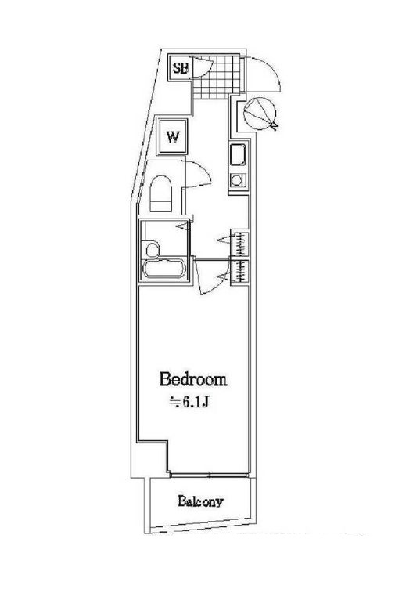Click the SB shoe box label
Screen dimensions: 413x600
(x=181, y=68)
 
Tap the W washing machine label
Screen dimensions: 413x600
(x=173, y=136)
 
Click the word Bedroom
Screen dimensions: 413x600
(x=193, y=379)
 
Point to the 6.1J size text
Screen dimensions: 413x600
(x=189, y=402)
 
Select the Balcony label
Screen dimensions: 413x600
(x=199, y=501)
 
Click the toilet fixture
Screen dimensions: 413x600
(x=160, y=193)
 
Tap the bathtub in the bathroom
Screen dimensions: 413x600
(x=164, y=269)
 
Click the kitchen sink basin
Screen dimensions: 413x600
(x=238, y=155)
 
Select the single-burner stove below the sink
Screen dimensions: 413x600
(x=239, y=180)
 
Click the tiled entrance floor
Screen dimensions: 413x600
(x=217, y=78)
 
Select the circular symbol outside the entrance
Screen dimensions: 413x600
(x=260, y=114)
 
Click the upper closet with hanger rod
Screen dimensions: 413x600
(x=240, y=244)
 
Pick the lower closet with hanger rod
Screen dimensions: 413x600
(x=240, y=272)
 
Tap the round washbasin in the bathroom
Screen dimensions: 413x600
(x=151, y=250)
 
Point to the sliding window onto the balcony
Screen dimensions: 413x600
(x=210, y=475)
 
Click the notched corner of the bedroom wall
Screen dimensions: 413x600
(x=167, y=442)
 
